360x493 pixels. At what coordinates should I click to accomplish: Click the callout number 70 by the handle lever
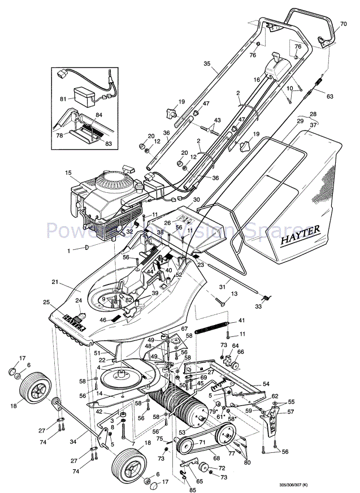point(344,24)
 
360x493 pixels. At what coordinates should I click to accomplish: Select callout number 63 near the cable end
point(329,96)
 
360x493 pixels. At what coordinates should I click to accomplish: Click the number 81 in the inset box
point(63,100)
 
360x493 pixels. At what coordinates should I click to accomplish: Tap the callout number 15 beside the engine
point(68,172)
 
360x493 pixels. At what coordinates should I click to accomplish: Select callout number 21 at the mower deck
point(55,282)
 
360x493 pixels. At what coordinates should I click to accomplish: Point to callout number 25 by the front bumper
point(46,302)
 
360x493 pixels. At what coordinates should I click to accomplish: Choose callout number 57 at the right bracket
point(291,412)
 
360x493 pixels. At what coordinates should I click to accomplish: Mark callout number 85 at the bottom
point(185,484)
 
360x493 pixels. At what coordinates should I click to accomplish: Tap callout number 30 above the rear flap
point(197,200)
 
